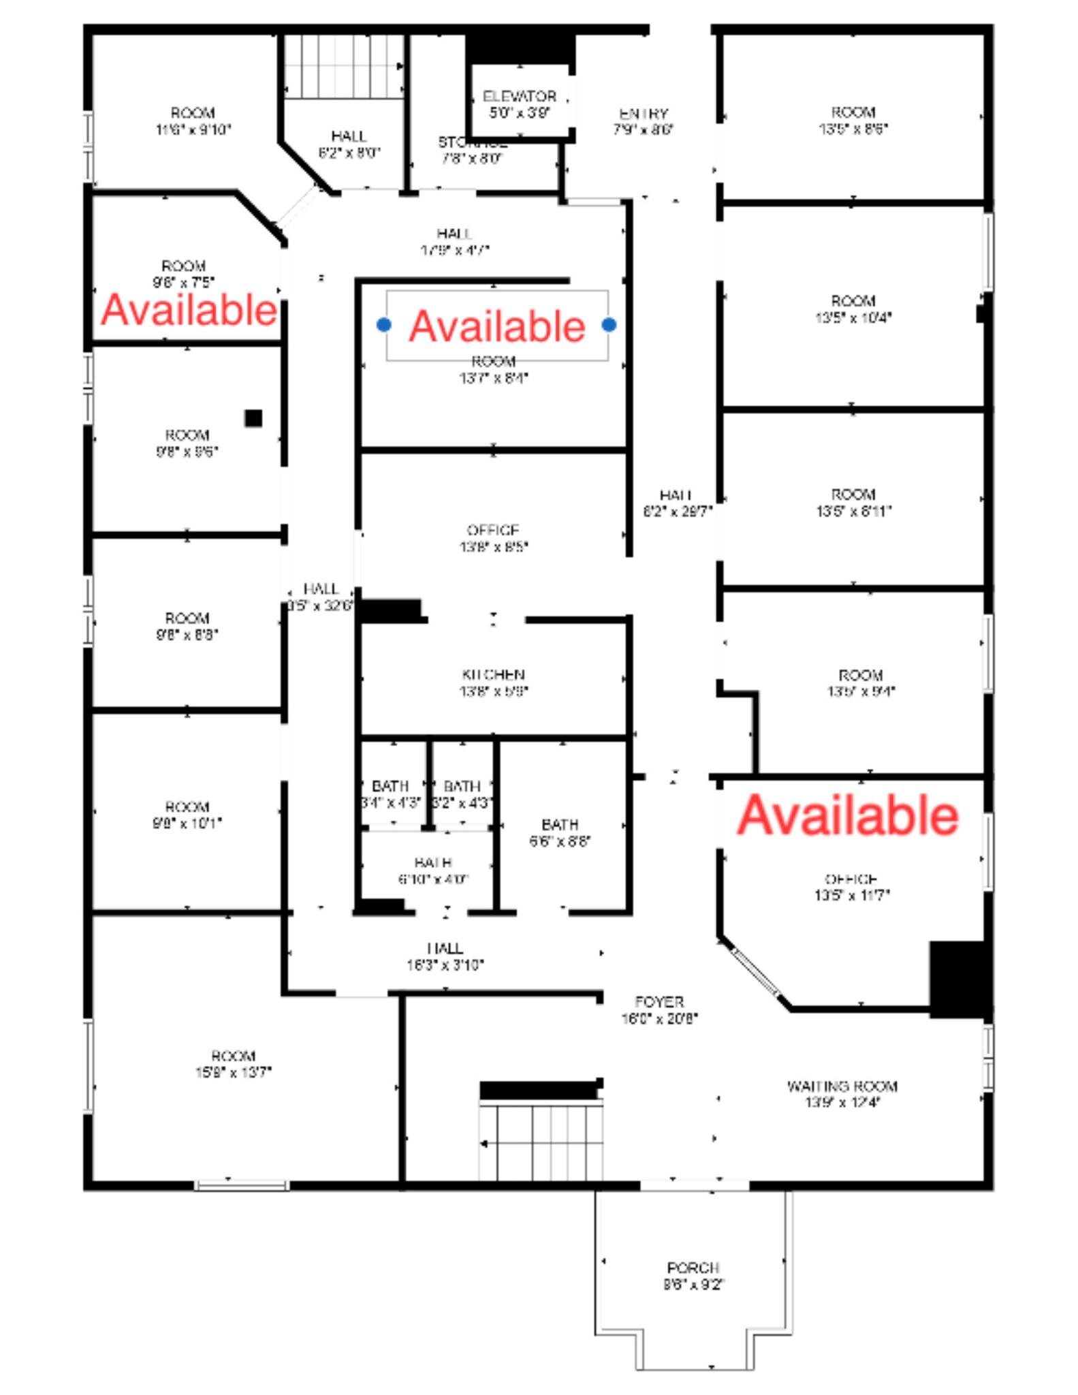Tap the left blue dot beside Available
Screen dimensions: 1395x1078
[x=384, y=325]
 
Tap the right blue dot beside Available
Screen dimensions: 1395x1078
[x=609, y=325]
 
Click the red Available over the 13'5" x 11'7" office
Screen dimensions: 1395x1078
[x=848, y=815]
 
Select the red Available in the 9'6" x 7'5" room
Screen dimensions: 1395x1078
[x=189, y=310]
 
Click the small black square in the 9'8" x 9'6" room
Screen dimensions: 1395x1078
[x=253, y=418]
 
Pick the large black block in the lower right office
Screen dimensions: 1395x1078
[x=957, y=979]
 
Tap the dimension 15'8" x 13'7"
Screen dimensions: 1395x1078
[x=233, y=1073]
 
